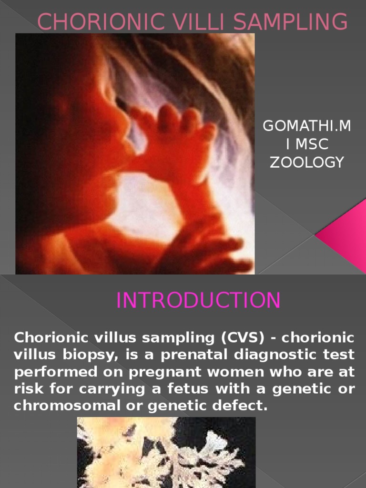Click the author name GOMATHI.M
[x=307, y=126]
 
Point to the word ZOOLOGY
[x=307, y=163]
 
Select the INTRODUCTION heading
[x=199, y=301]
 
